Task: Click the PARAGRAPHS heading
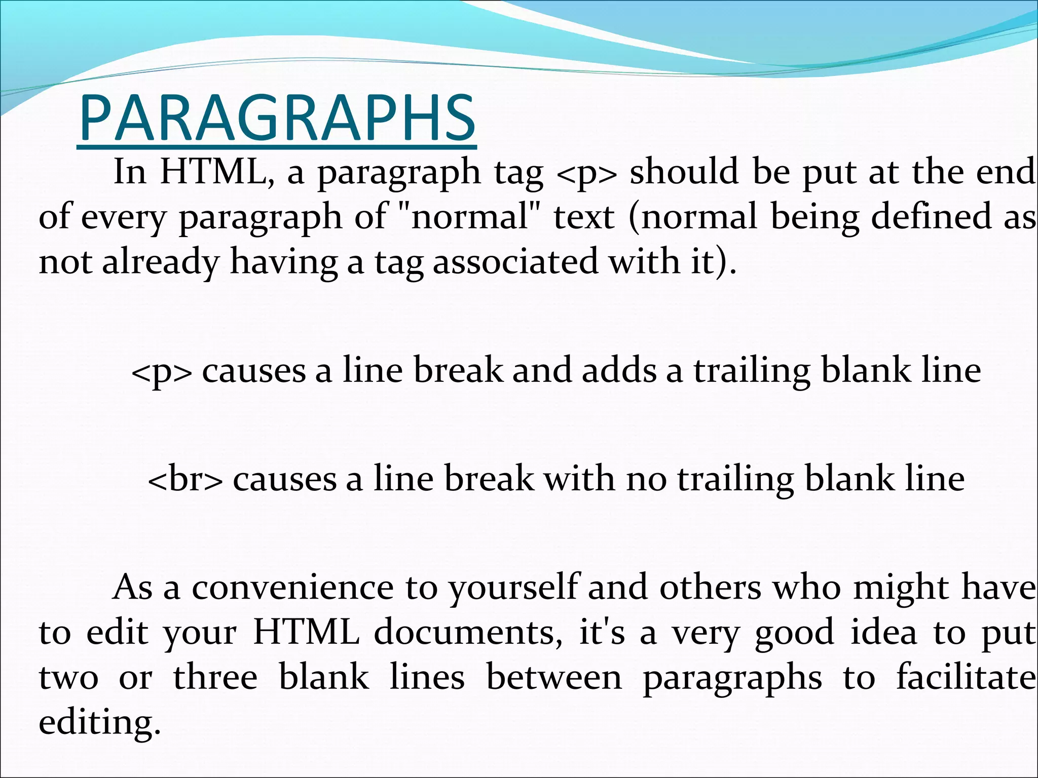(x=277, y=120)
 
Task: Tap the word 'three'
(x=215, y=678)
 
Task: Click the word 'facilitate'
(x=966, y=678)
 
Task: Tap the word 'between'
(x=553, y=678)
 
